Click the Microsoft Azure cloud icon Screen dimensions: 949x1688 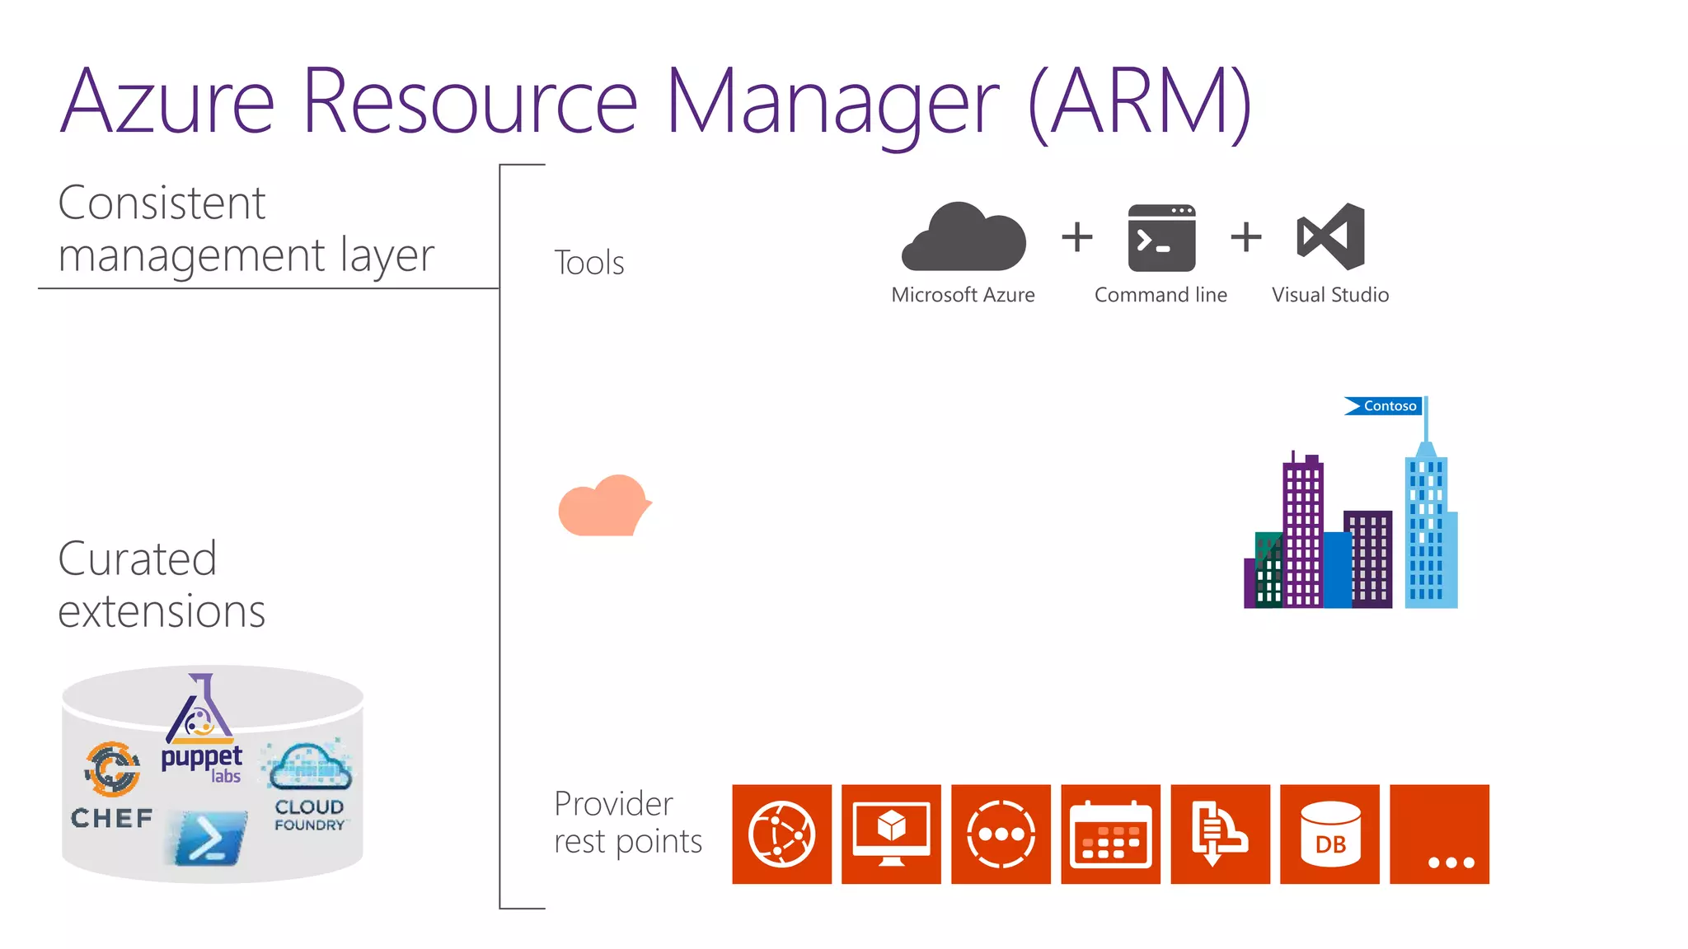[964, 238]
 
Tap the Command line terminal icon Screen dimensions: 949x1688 [1161, 238]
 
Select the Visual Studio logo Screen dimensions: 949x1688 [1331, 236]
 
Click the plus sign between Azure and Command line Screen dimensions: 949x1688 [1076, 237]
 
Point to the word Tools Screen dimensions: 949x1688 [588, 263]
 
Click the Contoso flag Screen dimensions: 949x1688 [1384, 405]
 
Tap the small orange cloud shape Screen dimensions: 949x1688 [604, 506]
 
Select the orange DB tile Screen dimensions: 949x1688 [1329, 834]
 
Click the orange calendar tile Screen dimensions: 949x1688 [1110, 834]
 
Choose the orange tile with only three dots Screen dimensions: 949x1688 [1439, 834]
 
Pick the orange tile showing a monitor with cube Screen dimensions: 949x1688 [891, 834]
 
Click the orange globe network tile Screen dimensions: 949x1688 [781, 834]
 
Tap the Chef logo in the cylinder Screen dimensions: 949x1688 [112, 783]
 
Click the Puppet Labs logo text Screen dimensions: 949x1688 [202, 762]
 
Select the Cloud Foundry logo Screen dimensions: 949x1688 [309, 787]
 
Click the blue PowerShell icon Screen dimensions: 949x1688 [209, 839]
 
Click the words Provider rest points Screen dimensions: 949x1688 [627, 822]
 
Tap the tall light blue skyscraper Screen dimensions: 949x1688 [1429, 527]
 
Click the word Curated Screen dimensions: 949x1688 [138, 559]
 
